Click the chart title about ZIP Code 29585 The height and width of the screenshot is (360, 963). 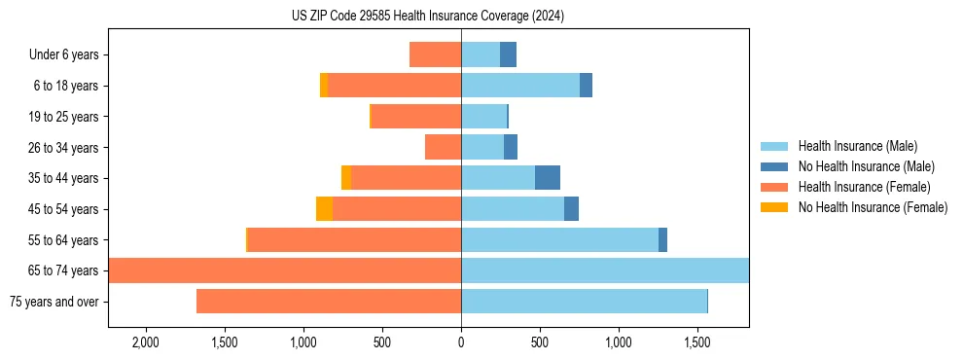click(428, 17)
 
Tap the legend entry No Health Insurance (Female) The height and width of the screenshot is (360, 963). click(873, 207)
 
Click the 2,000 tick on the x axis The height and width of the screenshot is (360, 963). click(146, 343)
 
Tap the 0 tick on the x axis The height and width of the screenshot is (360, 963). click(461, 343)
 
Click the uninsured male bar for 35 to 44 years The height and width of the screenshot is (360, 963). click(548, 178)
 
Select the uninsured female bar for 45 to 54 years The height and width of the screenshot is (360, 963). click(324, 209)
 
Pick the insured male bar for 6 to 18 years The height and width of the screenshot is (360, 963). click(520, 86)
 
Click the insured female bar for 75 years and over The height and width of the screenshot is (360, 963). click(329, 302)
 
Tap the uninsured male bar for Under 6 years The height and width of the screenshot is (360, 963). click(508, 54)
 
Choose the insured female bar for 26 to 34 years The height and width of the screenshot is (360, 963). click(443, 147)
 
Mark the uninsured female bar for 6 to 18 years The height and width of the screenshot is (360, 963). click(324, 86)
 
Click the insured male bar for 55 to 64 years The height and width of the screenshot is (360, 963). click(559, 240)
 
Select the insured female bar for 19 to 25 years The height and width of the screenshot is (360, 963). click(416, 117)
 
